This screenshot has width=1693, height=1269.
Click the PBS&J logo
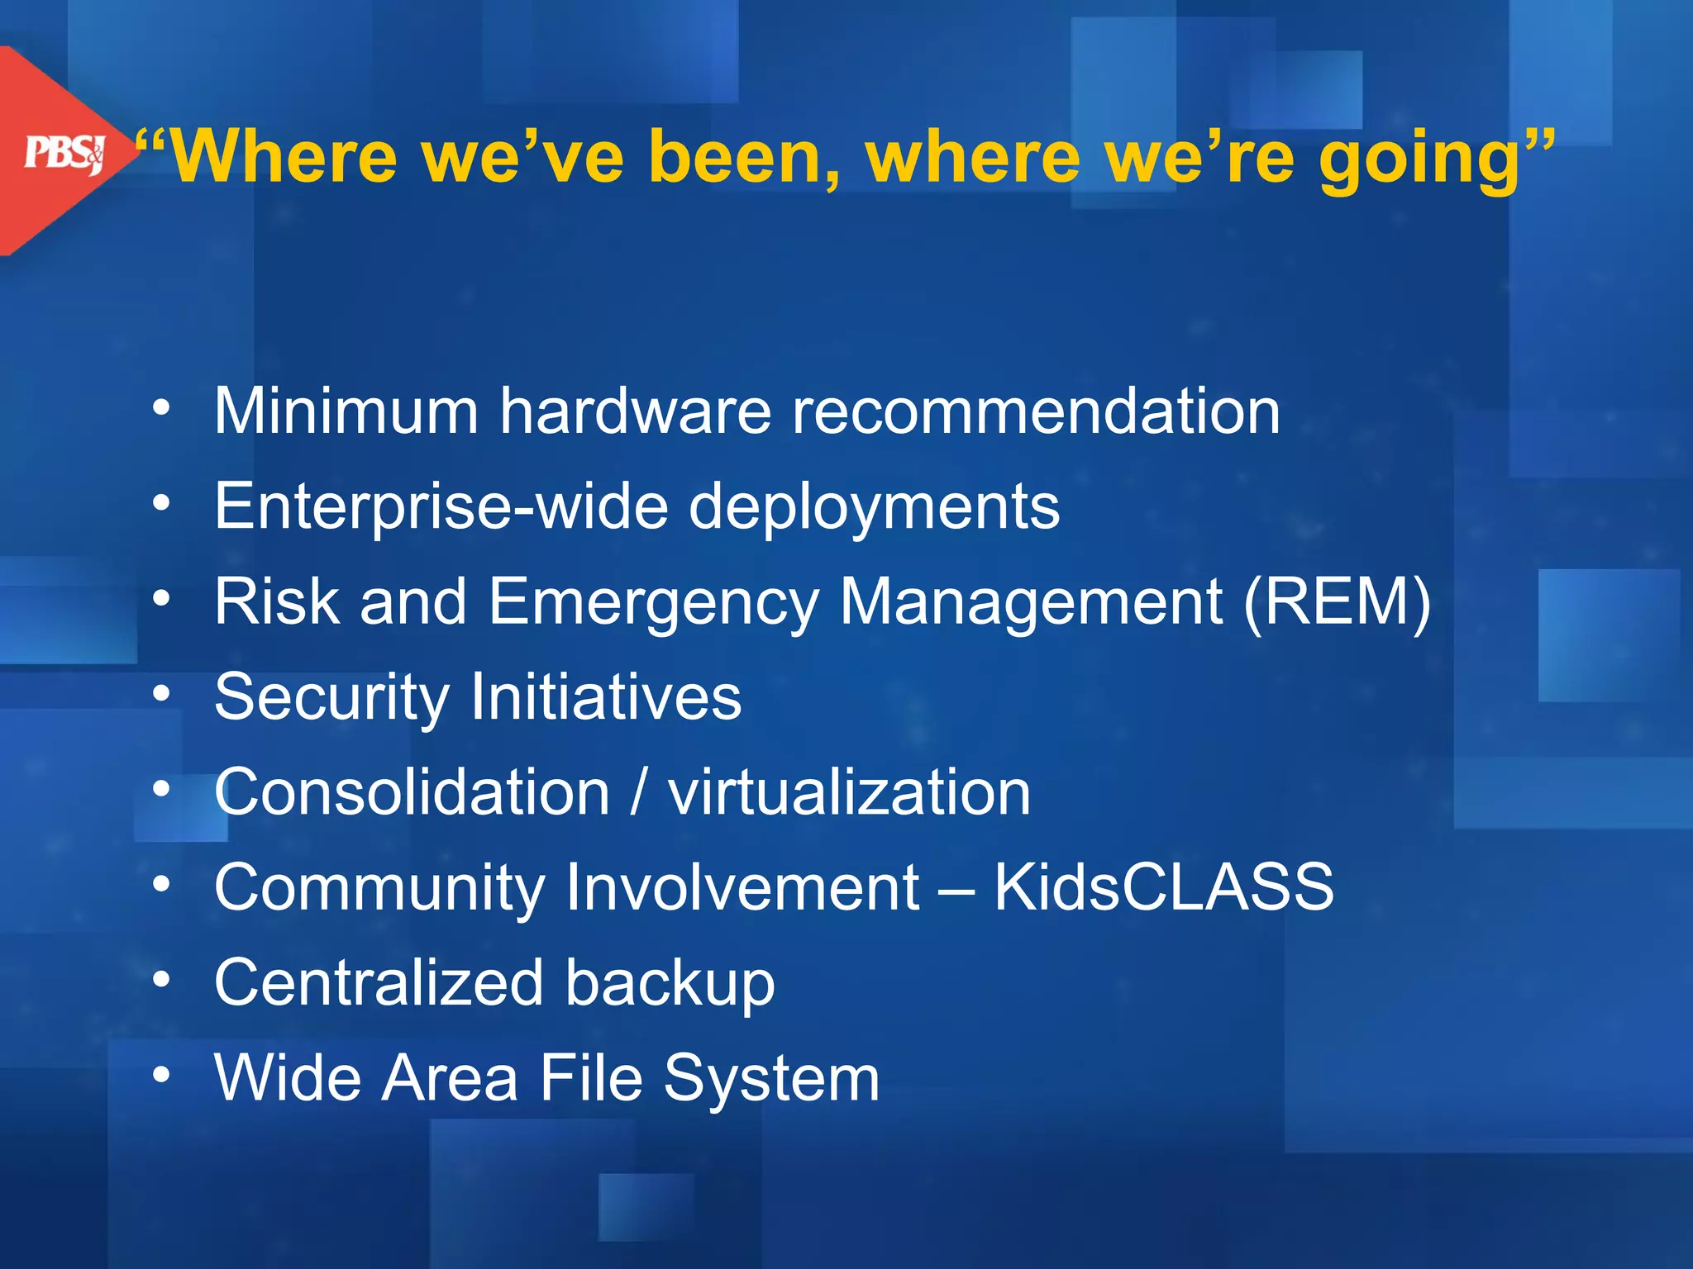pos(64,153)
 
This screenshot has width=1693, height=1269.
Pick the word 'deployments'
pos(874,508)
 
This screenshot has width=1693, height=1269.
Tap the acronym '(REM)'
pos(1337,602)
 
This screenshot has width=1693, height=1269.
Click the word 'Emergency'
pos(653,604)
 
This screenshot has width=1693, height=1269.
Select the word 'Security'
pos(331,698)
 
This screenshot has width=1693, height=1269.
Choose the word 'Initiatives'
pos(606,696)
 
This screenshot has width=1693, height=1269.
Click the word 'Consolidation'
pos(412,792)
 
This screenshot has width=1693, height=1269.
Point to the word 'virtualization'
pos(849,792)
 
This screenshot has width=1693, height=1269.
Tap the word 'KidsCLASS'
pos(1163,887)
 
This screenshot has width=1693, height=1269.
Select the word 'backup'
pos(670,984)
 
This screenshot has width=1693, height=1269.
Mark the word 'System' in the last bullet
pos(771,1079)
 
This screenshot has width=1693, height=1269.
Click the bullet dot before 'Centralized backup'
pos(162,981)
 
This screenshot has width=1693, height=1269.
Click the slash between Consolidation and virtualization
pos(637,792)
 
